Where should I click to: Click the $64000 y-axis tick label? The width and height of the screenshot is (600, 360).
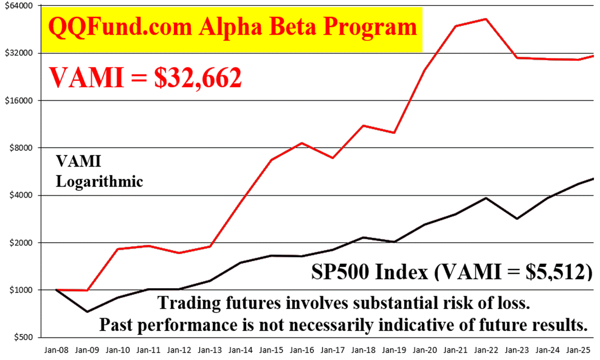pyautogui.click(x=16, y=6)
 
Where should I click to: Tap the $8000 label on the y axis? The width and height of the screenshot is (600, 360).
pyautogui.click(x=18, y=148)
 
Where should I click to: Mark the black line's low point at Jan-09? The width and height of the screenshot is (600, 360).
pyautogui.click(x=87, y=312)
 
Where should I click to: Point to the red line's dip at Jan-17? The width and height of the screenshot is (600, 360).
pyautogui.click(x=332, y=158)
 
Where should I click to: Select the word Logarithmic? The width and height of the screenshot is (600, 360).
pyautogui.click(x=99, y=181)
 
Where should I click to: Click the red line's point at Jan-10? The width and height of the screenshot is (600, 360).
pyautogui.click(x=118, y=249)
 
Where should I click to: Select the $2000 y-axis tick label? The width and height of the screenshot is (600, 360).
pyautogui.click(x=18, y=243)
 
